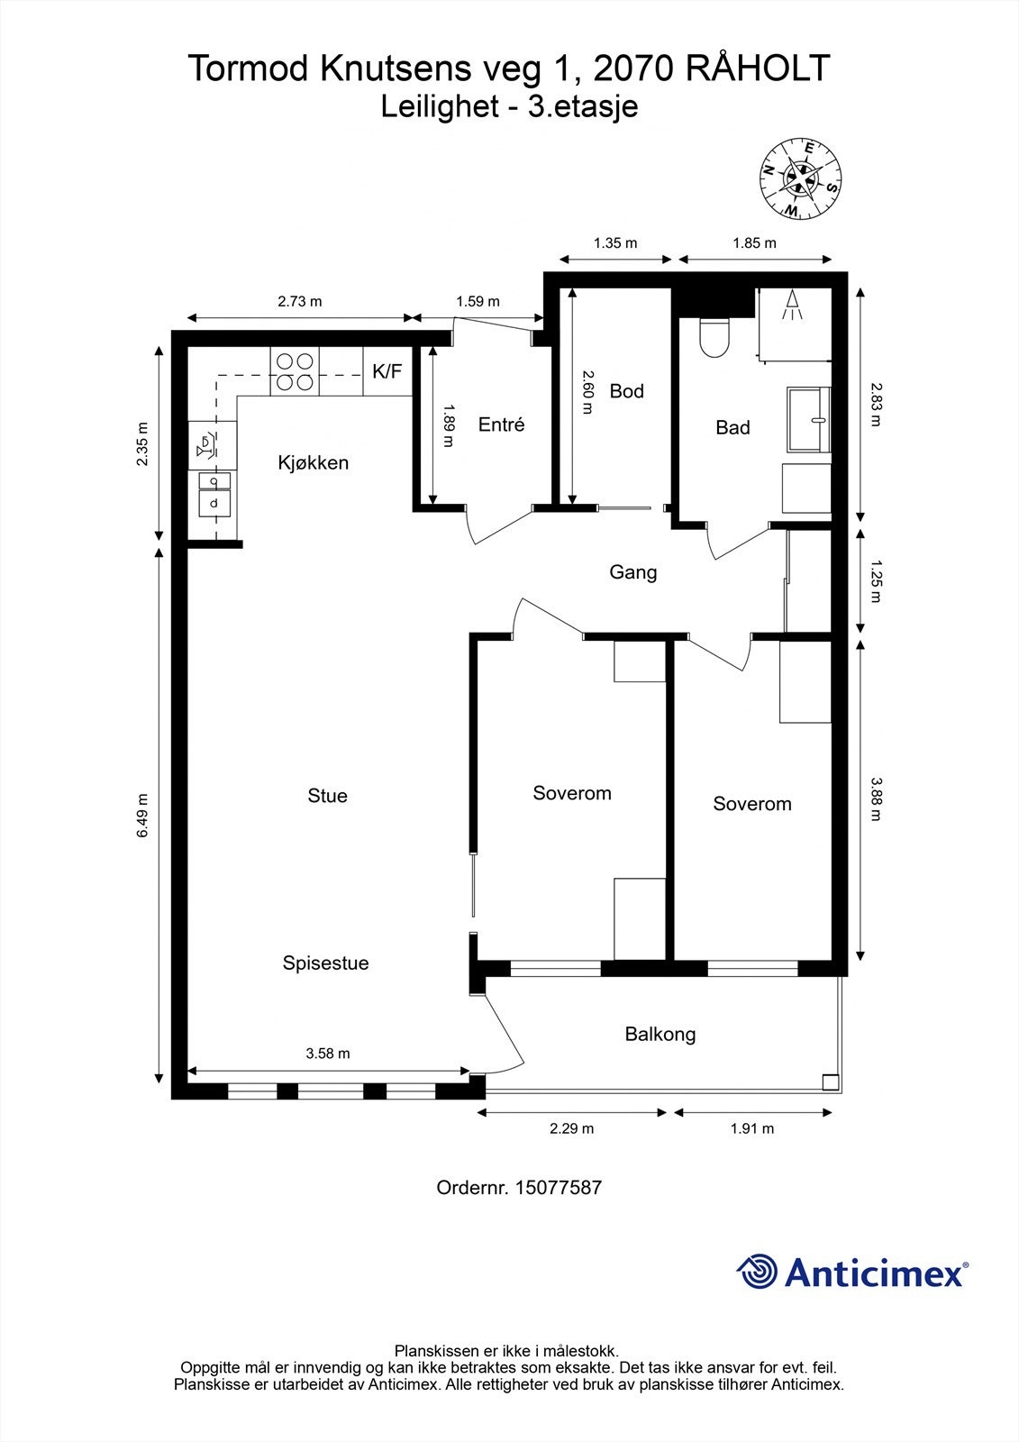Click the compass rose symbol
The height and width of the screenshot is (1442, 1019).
801,178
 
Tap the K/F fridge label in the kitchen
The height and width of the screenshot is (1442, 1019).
387,370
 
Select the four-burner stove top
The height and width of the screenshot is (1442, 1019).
295,371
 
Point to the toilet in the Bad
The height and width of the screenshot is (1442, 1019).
714,337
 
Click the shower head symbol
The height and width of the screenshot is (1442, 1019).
793,305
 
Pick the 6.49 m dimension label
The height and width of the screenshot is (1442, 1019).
142,815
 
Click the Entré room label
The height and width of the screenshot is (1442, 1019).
501,424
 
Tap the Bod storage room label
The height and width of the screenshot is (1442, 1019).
626,391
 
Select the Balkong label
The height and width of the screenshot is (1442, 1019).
660,1035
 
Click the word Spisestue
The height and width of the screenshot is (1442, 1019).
326,963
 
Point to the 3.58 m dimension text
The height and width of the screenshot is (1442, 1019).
328,1054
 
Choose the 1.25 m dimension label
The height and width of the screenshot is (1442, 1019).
876,581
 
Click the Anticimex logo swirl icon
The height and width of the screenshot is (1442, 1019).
756,1272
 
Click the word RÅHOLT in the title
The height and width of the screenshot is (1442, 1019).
757,68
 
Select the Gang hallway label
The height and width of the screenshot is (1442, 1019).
632,572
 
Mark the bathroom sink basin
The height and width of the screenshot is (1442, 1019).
808,420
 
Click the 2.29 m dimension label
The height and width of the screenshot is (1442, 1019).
571,1128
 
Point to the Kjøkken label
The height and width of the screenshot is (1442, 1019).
314,462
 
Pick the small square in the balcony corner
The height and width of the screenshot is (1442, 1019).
831,1082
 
